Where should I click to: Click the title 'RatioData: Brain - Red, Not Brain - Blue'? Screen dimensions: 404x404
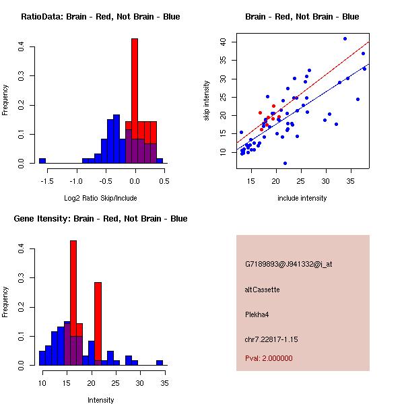(100, 17)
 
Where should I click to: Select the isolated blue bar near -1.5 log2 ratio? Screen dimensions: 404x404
(42, 161)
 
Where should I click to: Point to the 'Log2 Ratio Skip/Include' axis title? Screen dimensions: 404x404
(100, 198)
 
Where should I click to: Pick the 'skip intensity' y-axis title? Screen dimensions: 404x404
(207, 101)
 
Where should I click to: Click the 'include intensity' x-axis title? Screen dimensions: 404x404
(302, 198)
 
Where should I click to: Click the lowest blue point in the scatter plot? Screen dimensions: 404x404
(285, 164)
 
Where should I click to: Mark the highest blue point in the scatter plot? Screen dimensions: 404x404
(345, 38)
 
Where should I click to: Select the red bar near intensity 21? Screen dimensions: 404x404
(98, 323)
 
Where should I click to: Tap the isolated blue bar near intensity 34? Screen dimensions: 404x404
(160, 362)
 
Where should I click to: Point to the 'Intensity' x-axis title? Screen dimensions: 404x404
(100, 400)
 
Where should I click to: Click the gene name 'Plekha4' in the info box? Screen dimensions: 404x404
(259, 314)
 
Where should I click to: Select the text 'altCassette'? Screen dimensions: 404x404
(262, 290)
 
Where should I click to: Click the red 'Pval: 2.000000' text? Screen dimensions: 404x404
(269, 358)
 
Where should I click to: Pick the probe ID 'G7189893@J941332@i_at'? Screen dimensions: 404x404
(288, 264)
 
